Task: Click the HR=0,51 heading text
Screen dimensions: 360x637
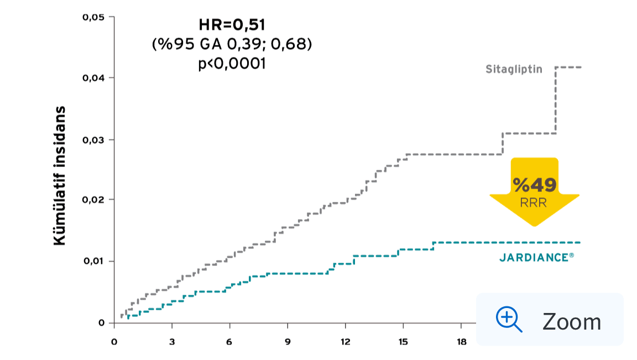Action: click(x=232, y=25)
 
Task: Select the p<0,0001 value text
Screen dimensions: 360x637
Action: click(x=232, y=64)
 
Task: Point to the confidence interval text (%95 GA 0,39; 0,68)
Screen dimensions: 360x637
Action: click(x=232, y=44)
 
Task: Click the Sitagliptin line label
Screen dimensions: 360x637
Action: click(x=514, y=70)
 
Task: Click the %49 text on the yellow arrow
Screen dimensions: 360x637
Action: click(x=534, y=184)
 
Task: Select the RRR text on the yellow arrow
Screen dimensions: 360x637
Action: click(x=534, y=202)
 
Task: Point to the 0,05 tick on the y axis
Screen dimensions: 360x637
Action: click(x=93, y=18)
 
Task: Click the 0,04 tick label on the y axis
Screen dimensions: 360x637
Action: click(x=93, y=78)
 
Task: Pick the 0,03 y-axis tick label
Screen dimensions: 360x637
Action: click(x=93, y=139)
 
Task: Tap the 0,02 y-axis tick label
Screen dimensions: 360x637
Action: click(x=93, y=200)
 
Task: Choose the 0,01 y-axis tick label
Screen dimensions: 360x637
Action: click(x=93, y=261)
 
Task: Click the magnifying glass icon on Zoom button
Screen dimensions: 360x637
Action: click(x=509, y=320)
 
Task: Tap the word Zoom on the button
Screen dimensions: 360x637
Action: click(x=571, y=321)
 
